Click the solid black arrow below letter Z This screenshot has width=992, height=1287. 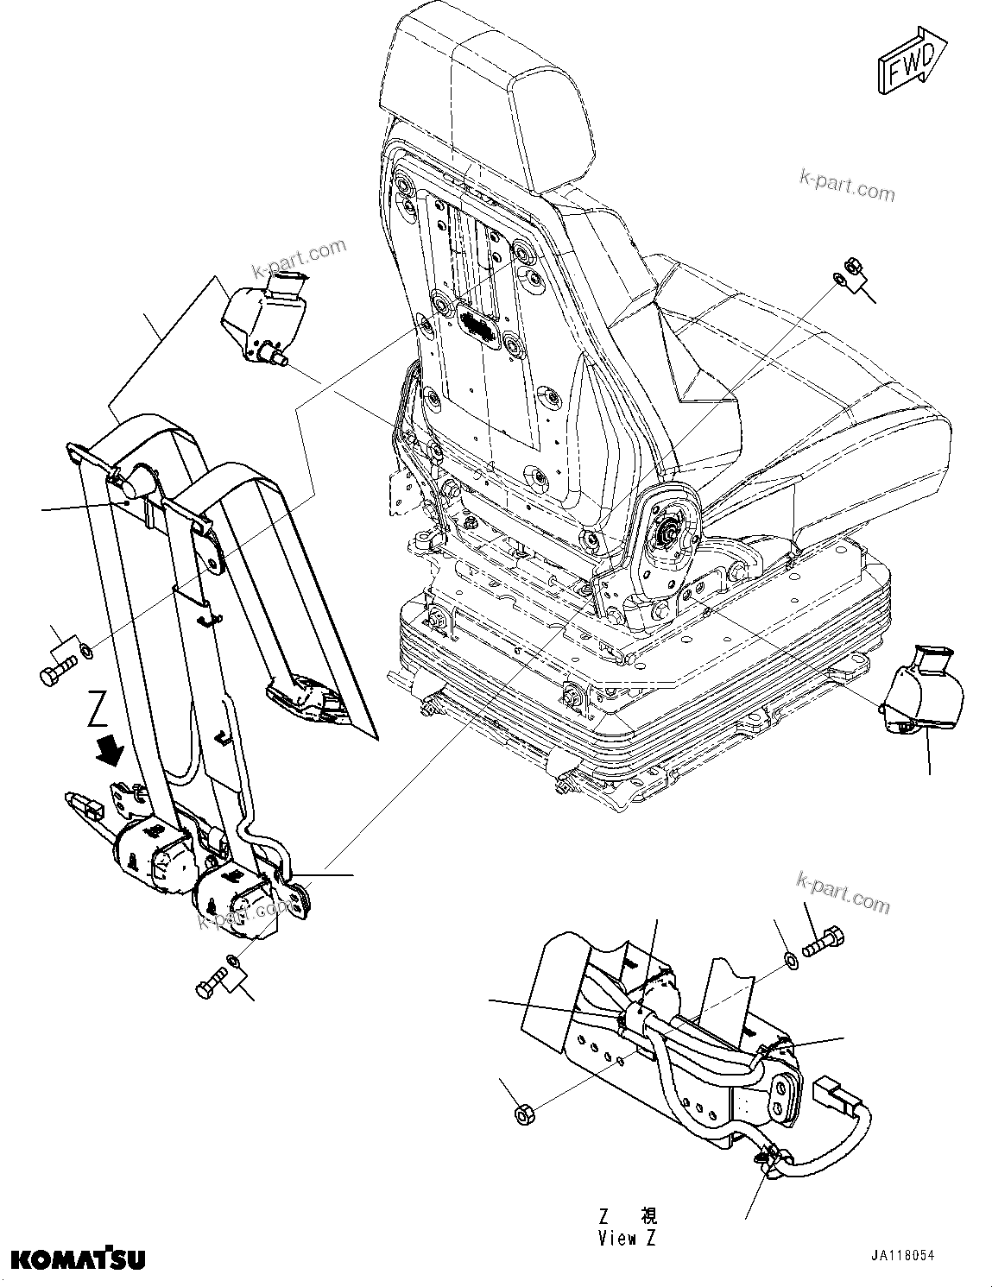tap(109, 748)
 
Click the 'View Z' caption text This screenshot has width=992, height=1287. tap(628, 1238)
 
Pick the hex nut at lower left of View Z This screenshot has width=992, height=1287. tap(522, 1114)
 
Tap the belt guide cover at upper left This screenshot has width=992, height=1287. tap(264, 315)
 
